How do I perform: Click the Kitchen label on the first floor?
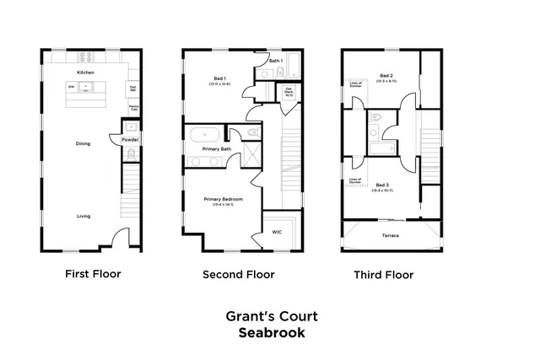click(x=85, y=73)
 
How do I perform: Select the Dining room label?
click(x=83, y=143)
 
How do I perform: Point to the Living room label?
click(x=84, y=216)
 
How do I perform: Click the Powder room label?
click(x=130, y=139)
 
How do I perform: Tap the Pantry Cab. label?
click(x=133, y=108)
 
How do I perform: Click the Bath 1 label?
click(x=275, y=62)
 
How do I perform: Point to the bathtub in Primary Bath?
click(x=205, y=135)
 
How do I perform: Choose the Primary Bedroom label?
click(x=223, y=199)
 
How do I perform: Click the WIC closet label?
click(x=277, y=232)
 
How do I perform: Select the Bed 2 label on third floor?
click(x=386, y=76)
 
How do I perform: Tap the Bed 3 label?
click(x=382, y=185)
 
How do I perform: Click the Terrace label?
click(x=390, y=235)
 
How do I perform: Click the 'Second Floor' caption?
click(x=238, y=274)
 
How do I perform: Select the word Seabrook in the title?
click(x=271, y=332)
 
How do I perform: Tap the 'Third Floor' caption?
click(x=385, y=274)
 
